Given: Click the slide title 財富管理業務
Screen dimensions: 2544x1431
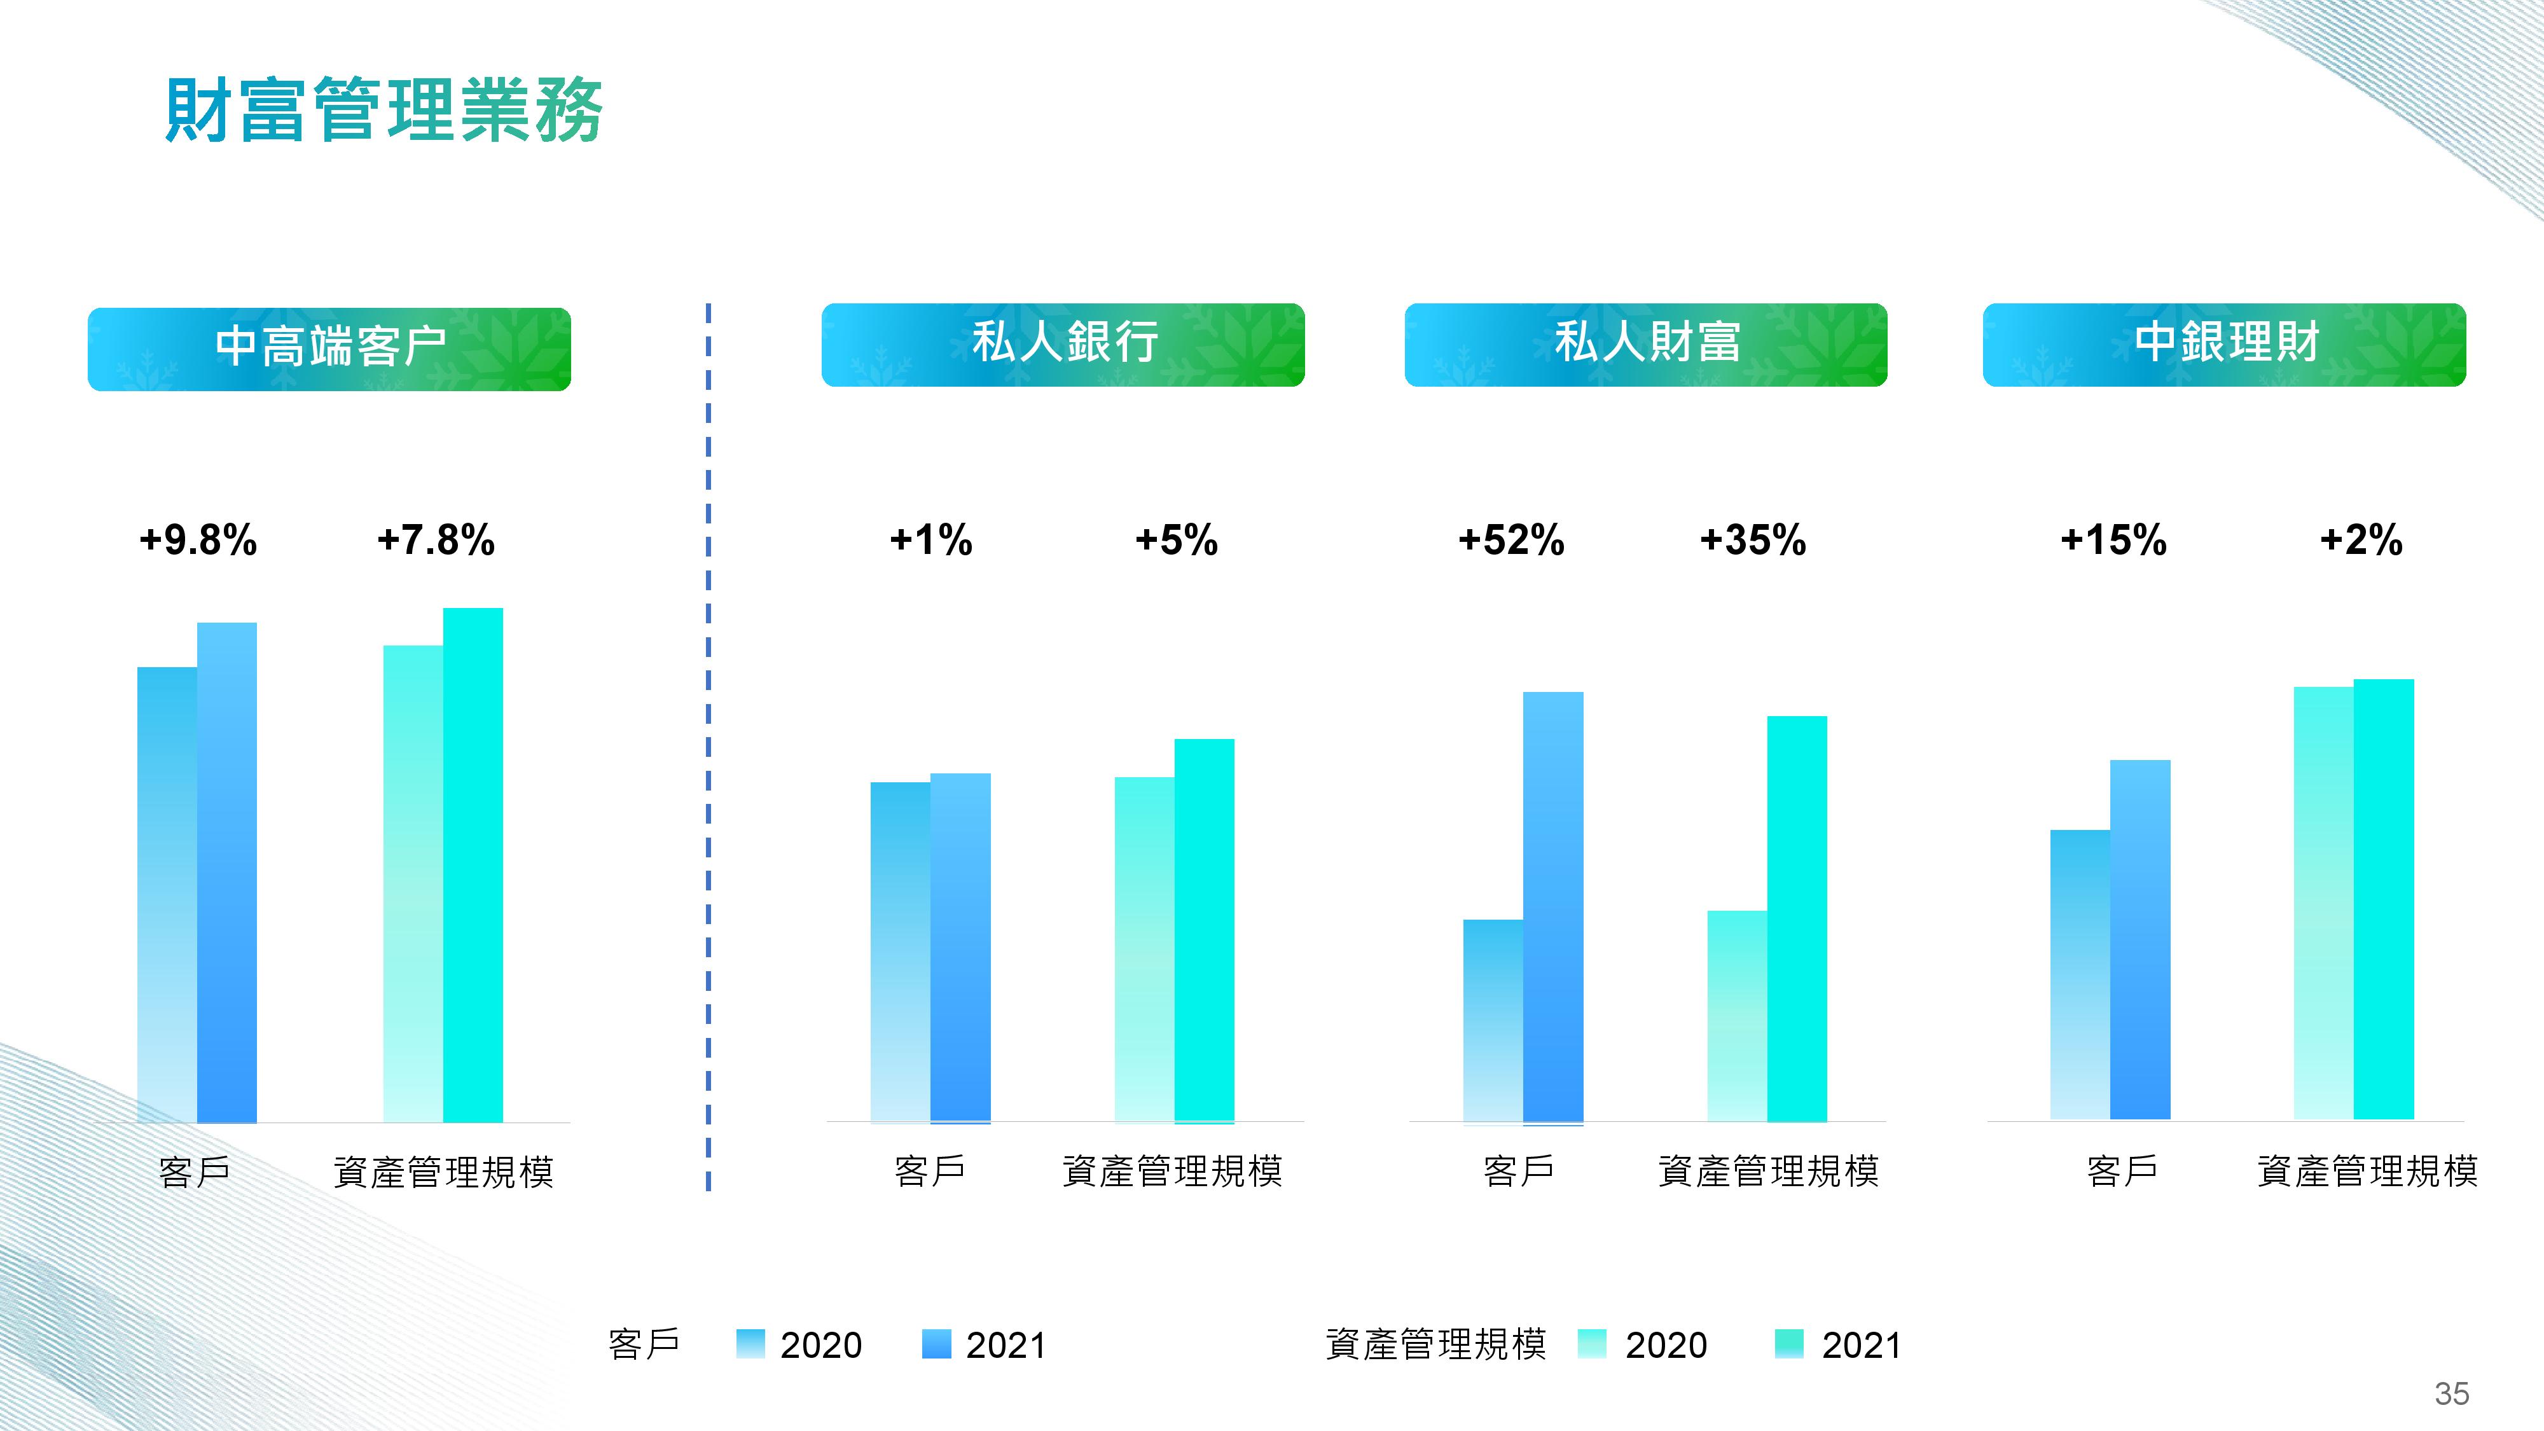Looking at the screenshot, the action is tap(383, 111).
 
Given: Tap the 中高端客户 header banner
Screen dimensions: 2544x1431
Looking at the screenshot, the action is tap(329, 349).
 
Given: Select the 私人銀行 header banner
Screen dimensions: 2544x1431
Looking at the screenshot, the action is tap(1063, 345).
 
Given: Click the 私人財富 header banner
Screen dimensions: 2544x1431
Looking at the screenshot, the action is tap(1645, 345).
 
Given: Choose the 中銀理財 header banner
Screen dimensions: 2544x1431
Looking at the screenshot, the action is tap(2224, 345).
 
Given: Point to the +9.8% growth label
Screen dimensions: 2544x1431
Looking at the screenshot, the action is tap(198, 540).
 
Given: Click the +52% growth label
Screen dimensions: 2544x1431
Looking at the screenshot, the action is tap(1511, 540).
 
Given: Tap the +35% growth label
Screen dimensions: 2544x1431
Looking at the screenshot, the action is tap(1753, 540).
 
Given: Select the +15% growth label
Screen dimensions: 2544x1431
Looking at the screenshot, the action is tap(2113, 540).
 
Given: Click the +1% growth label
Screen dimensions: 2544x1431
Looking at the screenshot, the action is tap(931, 540).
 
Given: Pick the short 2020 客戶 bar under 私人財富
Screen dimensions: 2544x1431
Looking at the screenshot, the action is tap(1493, 1021).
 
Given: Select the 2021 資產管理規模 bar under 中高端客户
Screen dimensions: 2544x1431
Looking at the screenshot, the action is tap(473, 865).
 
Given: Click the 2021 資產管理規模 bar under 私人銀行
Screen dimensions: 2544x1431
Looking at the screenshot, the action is tap(1204, 931).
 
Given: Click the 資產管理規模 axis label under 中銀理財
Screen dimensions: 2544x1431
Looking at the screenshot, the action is tap(2367, 1172).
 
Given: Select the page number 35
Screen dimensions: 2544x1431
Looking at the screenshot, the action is tap(2451, 1393).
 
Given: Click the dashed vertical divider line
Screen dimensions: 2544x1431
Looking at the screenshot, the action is tap(708, 747).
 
